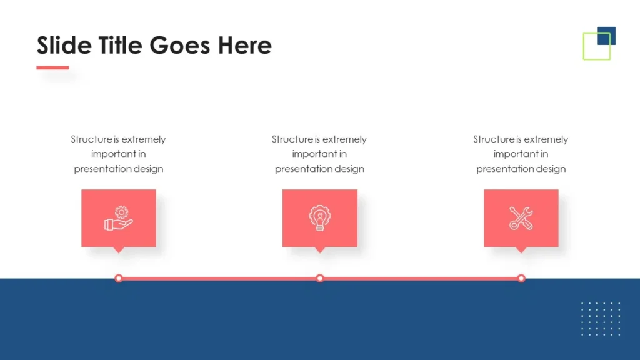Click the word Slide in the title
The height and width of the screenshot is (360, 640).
64,45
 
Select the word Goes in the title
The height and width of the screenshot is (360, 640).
180,45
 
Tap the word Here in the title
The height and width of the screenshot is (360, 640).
245,45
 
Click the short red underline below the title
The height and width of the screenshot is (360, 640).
52,67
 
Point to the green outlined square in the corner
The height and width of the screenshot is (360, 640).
584,46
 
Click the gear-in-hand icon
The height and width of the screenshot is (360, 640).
118,218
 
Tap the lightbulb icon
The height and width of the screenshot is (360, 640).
320,218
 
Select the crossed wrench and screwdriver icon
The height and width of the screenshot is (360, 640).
521,218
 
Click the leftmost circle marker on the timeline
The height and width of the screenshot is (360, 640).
119,278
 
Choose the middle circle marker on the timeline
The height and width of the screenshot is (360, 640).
320,278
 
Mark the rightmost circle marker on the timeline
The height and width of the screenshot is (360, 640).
521,278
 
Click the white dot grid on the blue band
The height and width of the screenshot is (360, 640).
601,319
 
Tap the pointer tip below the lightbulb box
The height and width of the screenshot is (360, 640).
320,253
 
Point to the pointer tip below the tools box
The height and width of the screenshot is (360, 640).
521,253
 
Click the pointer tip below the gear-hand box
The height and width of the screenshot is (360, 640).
119,253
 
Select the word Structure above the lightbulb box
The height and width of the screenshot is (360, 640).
292,139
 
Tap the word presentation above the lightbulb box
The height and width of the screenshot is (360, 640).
304,169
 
